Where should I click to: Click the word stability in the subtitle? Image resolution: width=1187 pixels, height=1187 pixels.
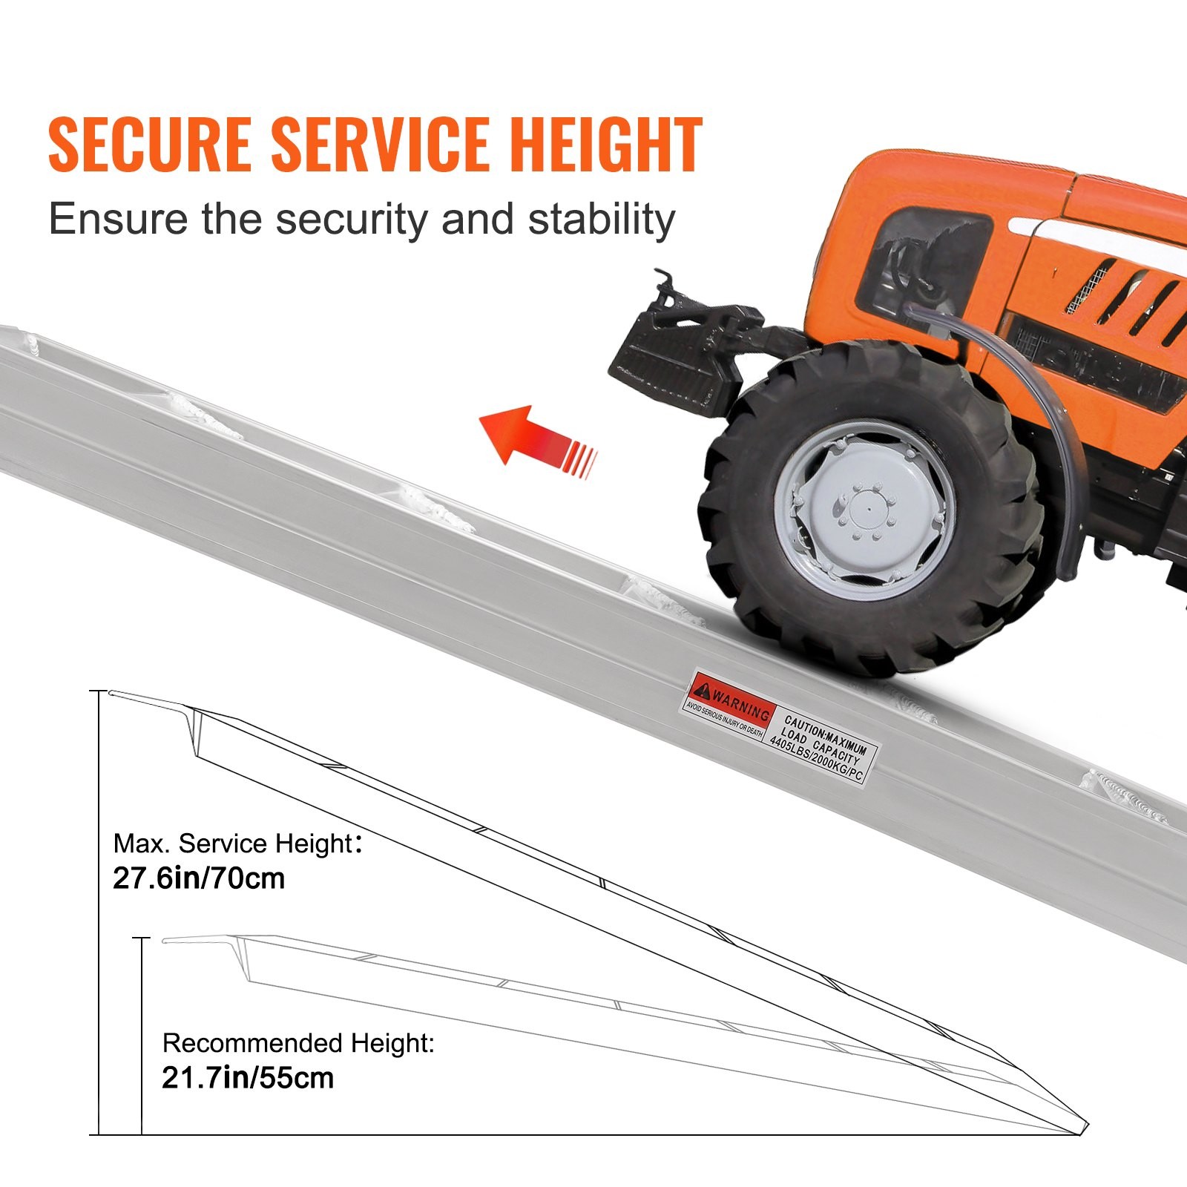[601, 220]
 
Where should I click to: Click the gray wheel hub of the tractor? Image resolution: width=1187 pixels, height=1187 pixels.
[864, 512]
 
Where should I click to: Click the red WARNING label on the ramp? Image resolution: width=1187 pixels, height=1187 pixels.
[731, 705]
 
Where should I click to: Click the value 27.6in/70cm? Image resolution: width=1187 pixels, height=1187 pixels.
[199, 878]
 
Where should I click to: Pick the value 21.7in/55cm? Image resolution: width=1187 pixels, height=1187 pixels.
[248, 1078]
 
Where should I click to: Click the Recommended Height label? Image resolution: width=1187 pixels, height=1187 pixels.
[298, 1043]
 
